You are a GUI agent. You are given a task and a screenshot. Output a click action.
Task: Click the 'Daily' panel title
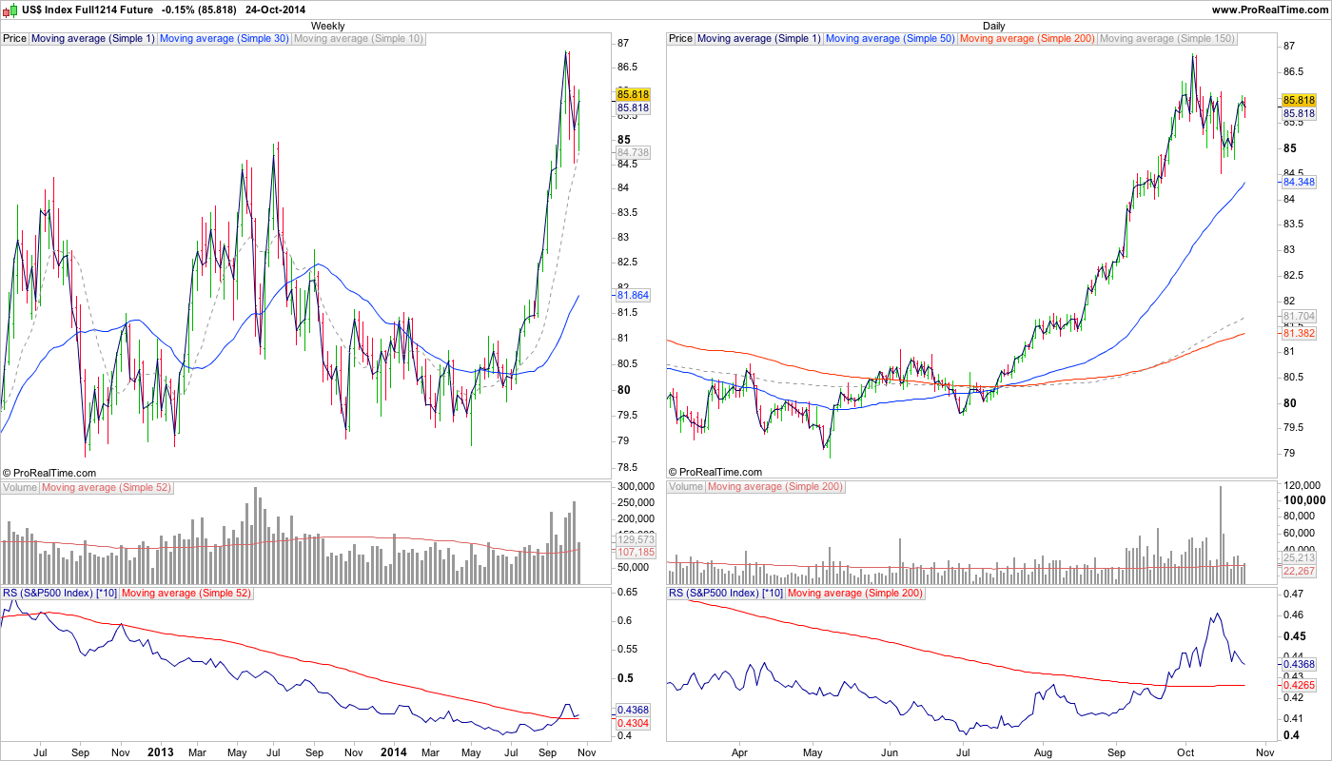[994, 26]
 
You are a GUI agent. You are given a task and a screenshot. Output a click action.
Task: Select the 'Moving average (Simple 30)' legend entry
[224, 39]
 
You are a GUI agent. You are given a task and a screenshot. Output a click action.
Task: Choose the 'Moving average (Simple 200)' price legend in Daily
[1028, 39]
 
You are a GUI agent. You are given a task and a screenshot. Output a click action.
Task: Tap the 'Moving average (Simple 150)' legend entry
[1166, 39]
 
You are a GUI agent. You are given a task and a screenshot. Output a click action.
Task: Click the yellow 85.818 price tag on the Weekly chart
[633, 94]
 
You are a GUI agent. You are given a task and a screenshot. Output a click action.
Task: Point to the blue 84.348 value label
[1299, 182]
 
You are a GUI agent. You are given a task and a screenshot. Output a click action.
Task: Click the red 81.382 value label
[1299, 334]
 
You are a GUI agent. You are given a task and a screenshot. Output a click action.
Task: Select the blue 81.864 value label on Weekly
[633, 296]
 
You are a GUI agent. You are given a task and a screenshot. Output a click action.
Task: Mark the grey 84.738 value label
[633, 152]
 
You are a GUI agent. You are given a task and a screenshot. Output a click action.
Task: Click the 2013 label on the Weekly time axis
[160, 751]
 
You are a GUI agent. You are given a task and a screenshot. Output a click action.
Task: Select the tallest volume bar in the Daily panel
[1220, 528]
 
